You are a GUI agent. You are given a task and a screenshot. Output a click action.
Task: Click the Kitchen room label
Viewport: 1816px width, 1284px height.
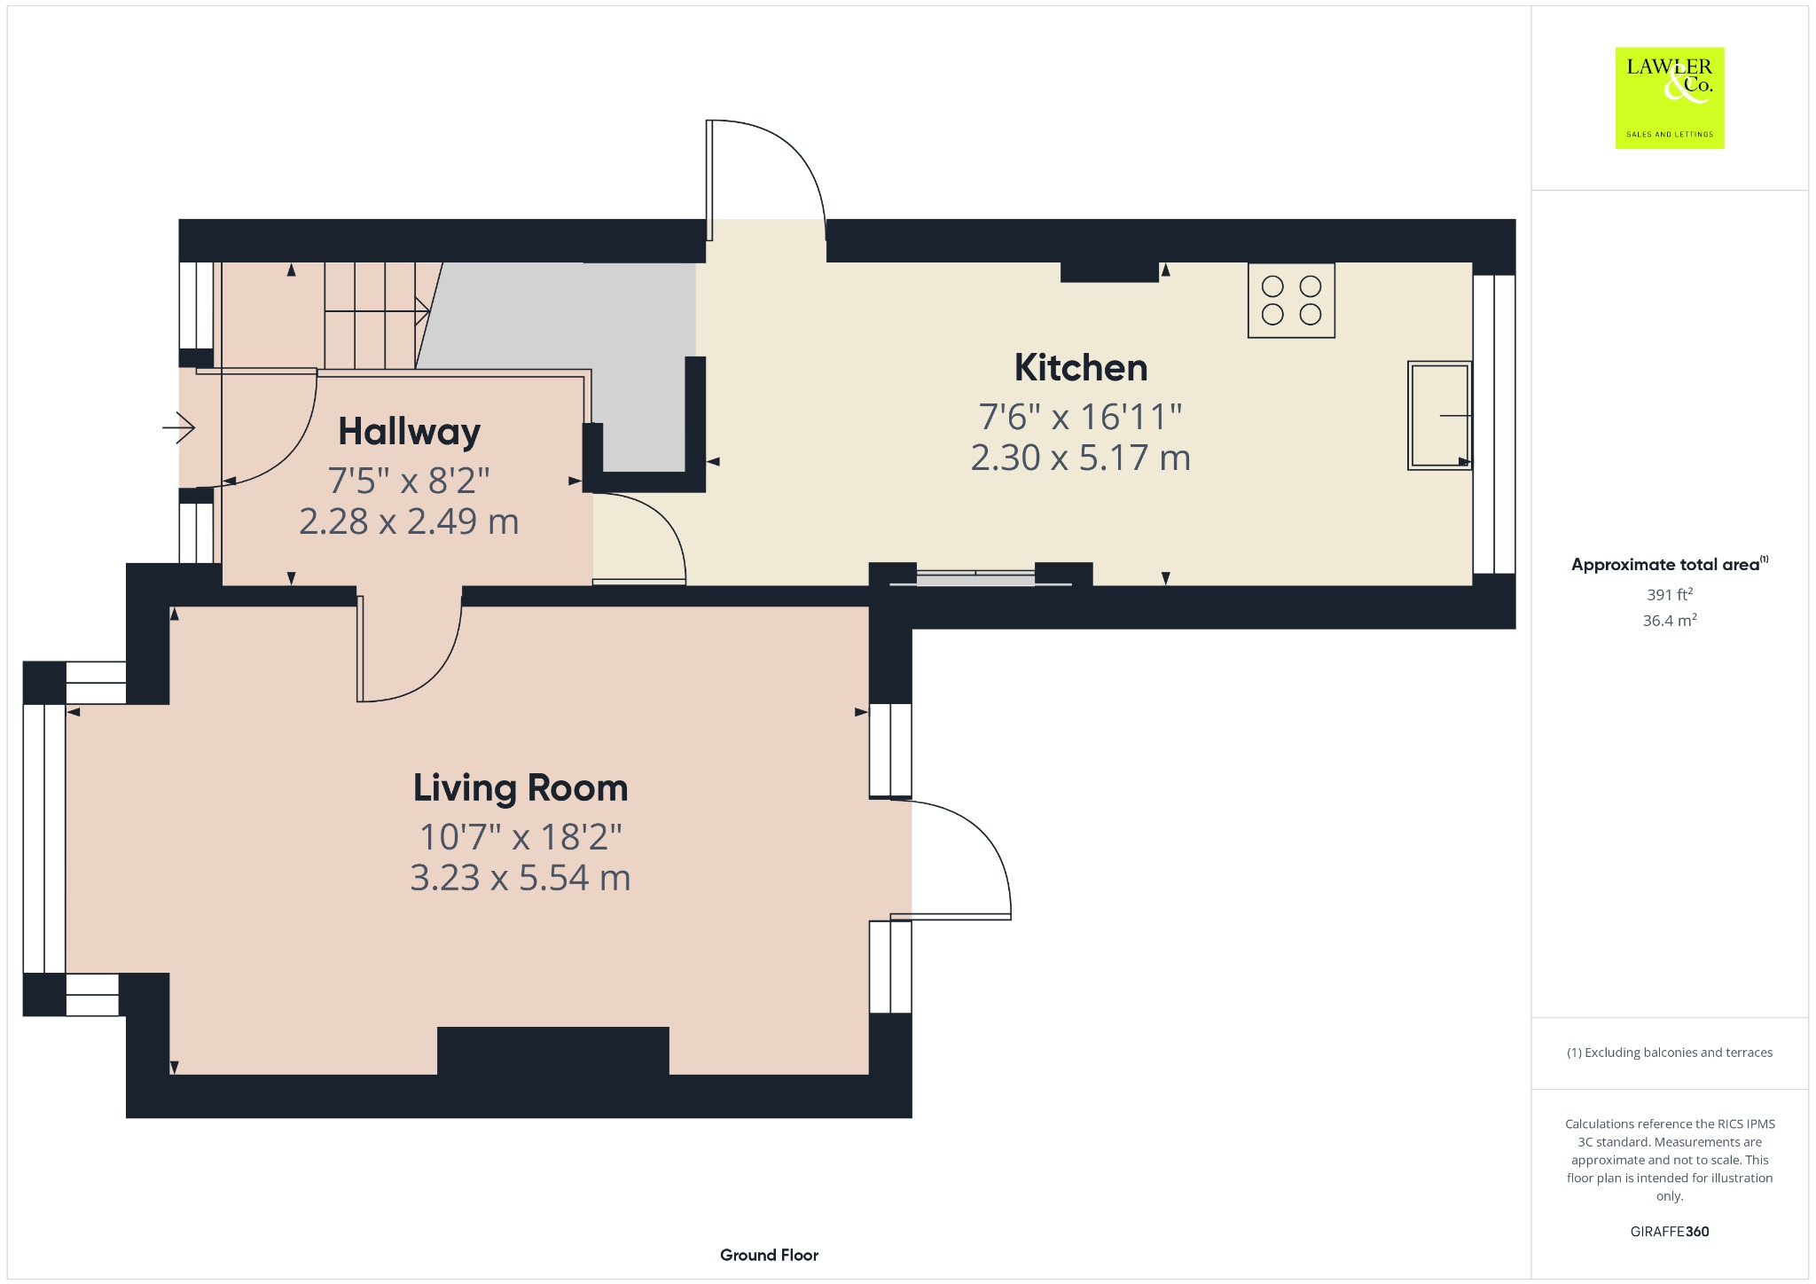[x=1080, y=368]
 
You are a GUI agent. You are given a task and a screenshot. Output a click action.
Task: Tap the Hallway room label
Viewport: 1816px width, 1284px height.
[x=409, y=433]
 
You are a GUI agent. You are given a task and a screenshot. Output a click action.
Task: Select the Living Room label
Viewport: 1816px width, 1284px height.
[x=521, y=788]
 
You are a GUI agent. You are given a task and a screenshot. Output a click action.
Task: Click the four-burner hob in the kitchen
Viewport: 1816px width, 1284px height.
[x=1291, y=301]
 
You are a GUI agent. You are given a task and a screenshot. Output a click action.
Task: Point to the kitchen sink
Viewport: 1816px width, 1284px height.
[x=1439, y=415]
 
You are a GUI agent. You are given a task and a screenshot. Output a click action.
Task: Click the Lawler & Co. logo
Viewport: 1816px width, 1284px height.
[x=1670, y=98]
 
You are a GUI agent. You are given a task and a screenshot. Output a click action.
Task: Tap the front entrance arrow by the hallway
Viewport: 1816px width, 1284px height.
[x=178, y=428]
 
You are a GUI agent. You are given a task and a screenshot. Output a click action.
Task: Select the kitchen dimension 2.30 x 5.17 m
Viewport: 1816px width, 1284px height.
[x=1080, y=458]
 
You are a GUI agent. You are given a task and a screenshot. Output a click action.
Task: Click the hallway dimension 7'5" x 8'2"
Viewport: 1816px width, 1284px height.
[x=409, y=481]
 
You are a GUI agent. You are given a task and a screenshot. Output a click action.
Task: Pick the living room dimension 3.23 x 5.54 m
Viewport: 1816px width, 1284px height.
[x=521, y=878]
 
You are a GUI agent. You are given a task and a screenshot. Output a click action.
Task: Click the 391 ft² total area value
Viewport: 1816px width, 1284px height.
[x=1670, y=594]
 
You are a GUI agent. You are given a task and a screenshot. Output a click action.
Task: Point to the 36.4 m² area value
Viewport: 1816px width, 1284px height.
[x=1670, y=620]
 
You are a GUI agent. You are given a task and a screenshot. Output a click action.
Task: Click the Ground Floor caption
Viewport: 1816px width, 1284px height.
[x=769, y=1255]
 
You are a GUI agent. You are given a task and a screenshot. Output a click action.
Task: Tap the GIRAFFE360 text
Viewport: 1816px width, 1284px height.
[x=1670, y=1231]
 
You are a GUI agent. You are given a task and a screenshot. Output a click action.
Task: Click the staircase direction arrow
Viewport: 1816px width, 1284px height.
[x=378, y=310]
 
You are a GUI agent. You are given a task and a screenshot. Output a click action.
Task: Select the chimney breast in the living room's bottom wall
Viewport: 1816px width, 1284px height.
[x=553, y=1051]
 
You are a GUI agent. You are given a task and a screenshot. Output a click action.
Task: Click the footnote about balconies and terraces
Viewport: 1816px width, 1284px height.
[x=1670, y=1053]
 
